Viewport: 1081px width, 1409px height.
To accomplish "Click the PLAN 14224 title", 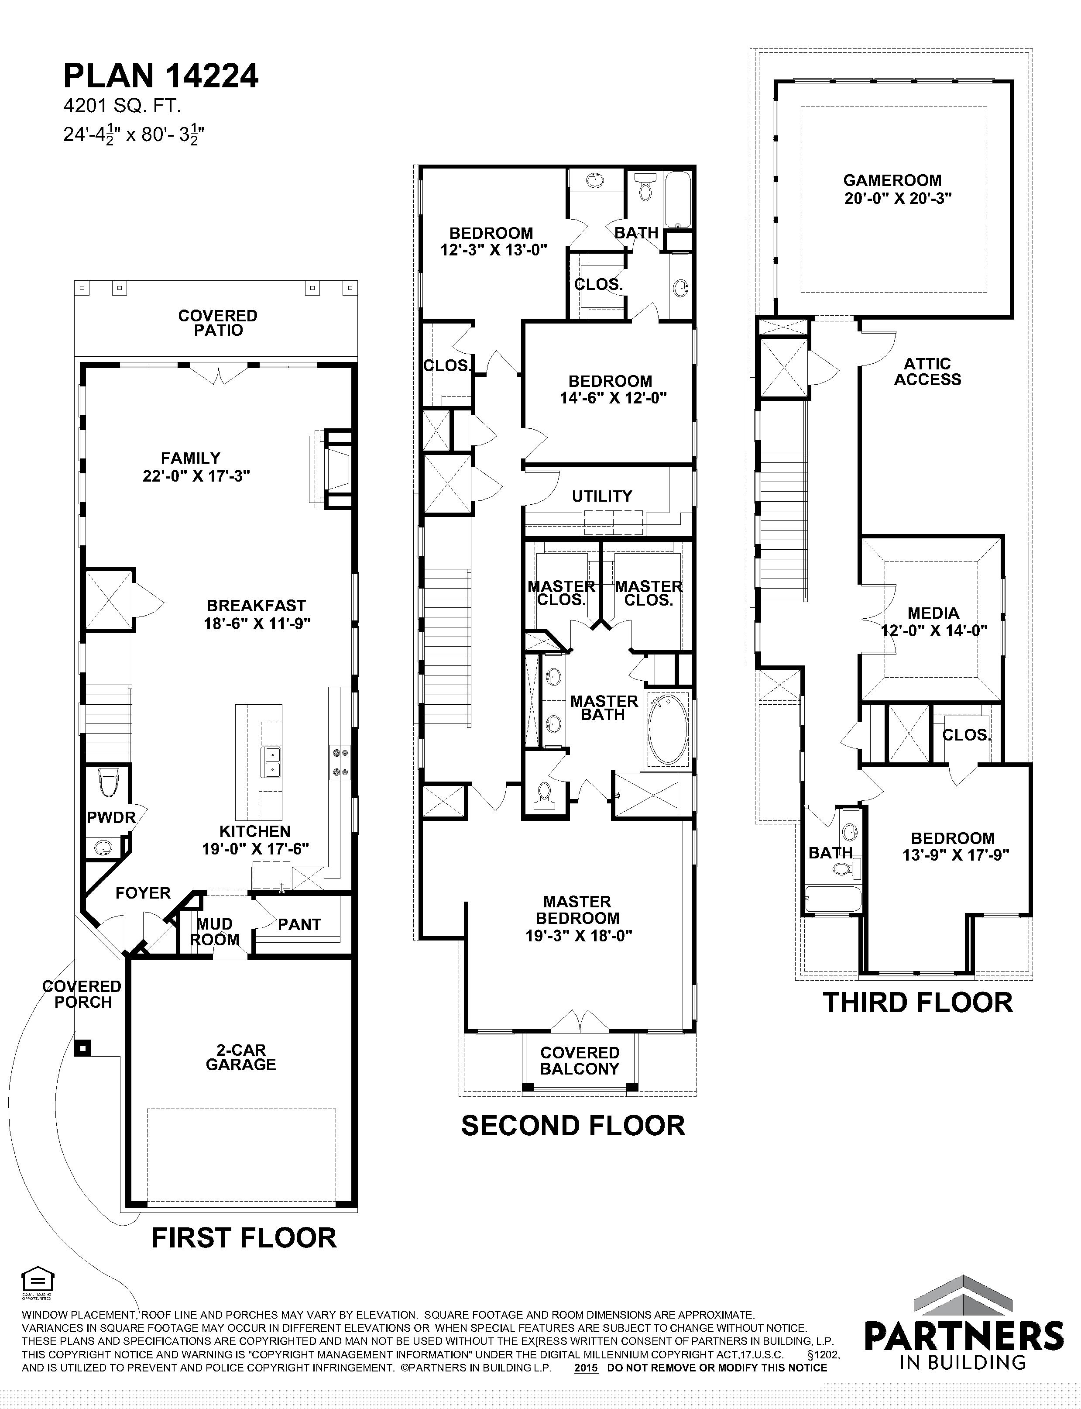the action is [161, 76].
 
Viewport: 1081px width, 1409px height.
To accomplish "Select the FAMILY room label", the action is [190, 458].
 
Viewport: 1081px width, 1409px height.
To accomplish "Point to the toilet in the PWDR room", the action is [107, 783].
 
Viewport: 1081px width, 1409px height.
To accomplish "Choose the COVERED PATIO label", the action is [218, 323].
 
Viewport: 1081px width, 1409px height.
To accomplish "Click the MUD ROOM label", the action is [214, 932].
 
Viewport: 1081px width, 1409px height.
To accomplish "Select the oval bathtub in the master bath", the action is [669, 730].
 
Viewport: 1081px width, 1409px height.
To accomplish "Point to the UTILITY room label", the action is [602, 496].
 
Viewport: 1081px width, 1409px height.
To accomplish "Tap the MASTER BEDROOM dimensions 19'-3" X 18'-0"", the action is [579, 936].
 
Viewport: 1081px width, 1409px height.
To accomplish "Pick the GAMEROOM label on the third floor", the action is [892, 181].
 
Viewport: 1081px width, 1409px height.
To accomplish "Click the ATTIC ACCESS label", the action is [927, 372].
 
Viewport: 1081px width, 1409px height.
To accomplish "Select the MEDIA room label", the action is [933, 613].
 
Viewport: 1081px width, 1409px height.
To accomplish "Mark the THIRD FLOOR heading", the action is [918, 1003].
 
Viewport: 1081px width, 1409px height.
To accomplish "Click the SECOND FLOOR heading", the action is [573, 1126].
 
